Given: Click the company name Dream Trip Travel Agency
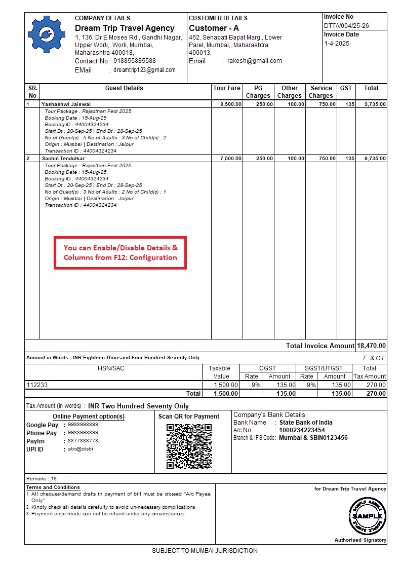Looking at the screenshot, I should tap(125, 28).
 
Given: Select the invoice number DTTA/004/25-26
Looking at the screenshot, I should tap(346, 26).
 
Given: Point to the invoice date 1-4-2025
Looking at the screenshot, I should tap(337, 44).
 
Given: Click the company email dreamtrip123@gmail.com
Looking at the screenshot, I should tap(144, 70).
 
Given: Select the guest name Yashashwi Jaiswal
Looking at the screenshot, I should tap(66, 104).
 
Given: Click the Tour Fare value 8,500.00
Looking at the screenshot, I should tap(230, 104).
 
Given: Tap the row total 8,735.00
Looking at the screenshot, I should tap(375, 159).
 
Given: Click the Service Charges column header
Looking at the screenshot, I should tap(321, 92).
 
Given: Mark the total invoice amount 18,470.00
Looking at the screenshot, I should tap(371, 346).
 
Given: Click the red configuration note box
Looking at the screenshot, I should tap(121, 253).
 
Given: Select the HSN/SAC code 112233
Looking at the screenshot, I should tap(37, 385).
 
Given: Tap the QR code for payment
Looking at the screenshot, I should tap(189, 446).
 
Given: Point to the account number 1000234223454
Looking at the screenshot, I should tap(302, 430).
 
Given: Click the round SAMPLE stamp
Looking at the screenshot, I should tap(368, 515).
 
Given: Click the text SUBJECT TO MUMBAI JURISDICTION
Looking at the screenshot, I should tap(205, 551).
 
